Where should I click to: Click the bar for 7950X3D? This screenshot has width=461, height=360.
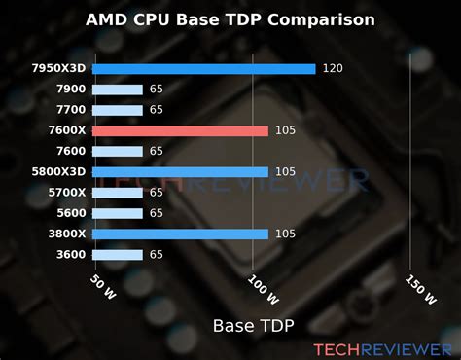click(204, 68)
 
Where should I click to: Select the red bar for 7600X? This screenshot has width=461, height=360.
click(181, 130)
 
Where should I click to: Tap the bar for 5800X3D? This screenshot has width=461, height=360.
click(181, 172)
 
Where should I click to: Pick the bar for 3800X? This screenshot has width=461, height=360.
click(181, 234)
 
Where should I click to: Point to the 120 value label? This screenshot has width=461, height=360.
click(334, 68)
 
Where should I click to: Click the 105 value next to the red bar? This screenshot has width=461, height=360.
click(285, 130)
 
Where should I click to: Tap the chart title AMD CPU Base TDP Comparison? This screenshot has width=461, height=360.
click(230, 18)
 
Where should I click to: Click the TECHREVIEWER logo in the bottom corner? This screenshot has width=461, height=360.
click(380, 347)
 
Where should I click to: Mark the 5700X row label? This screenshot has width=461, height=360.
click(64, 193)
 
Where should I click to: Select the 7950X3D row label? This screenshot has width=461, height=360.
click(59, 68)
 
